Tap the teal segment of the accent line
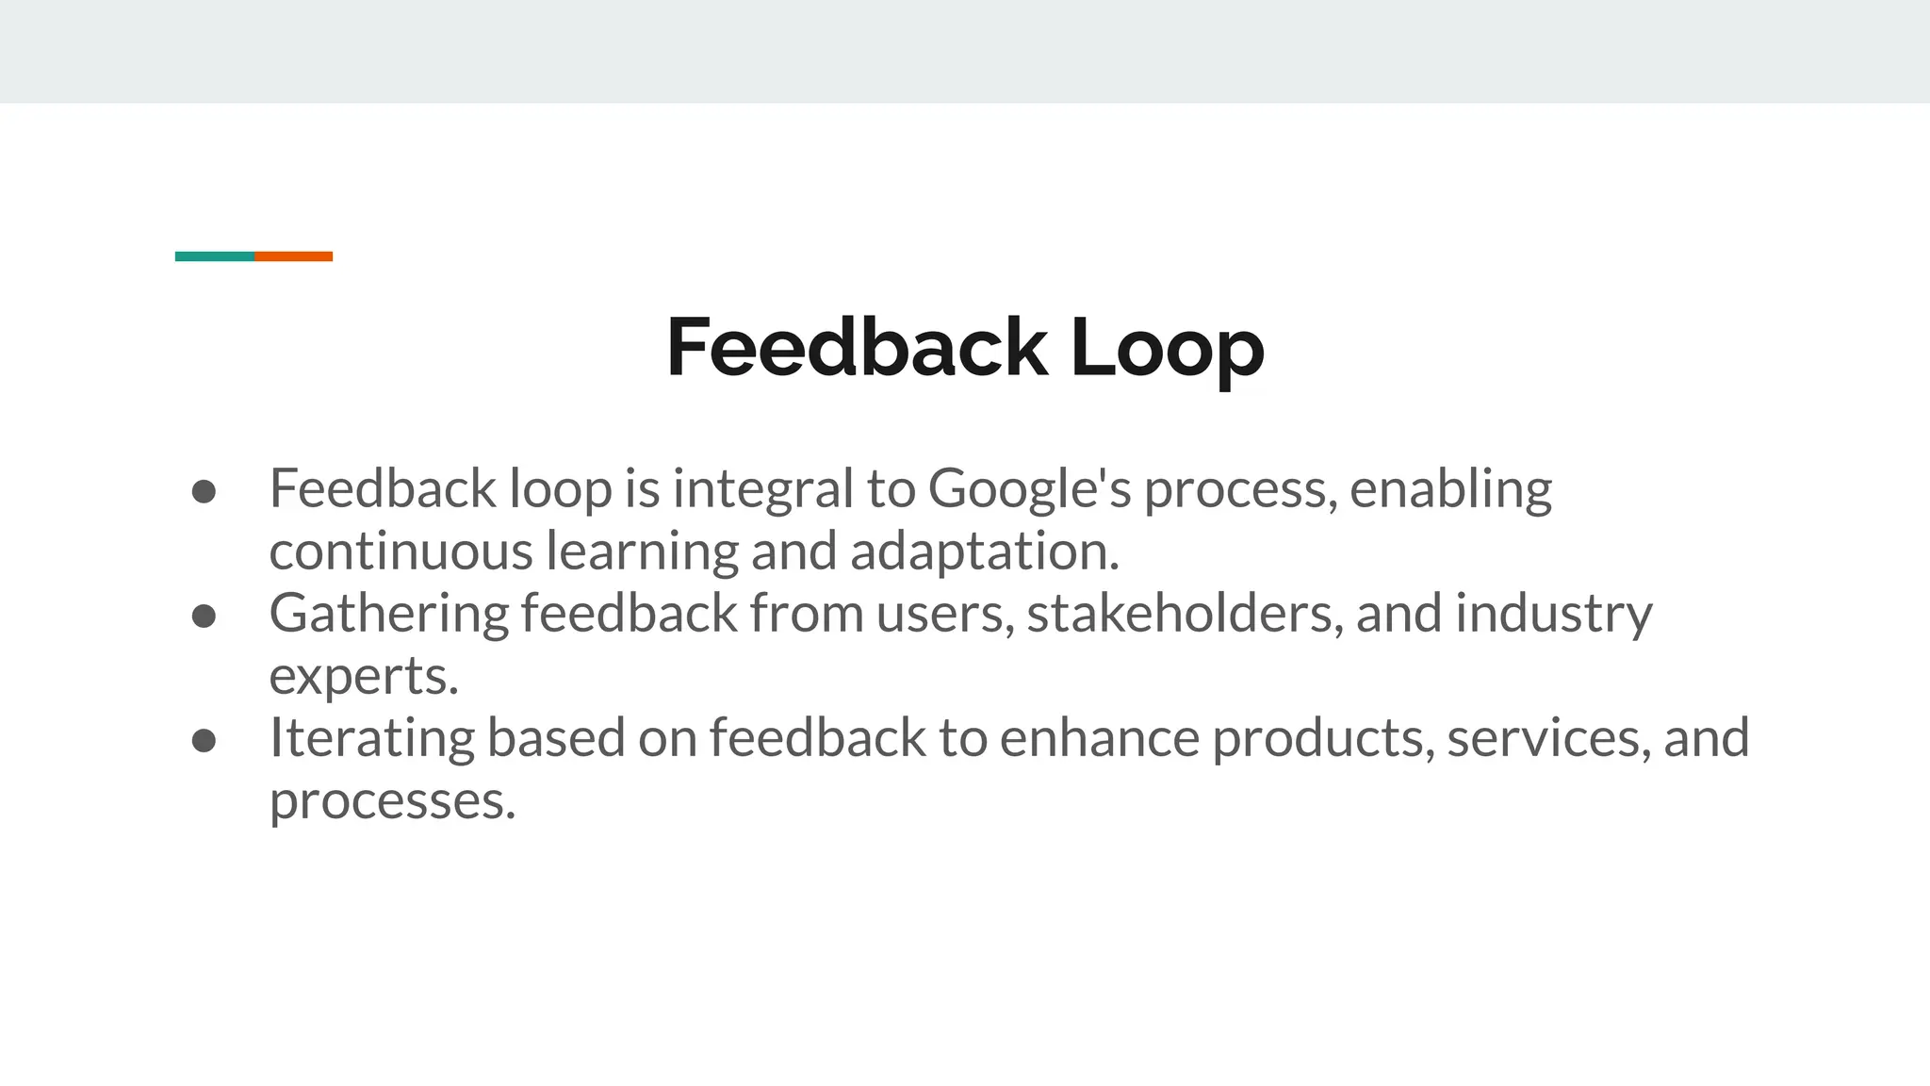point(215,256)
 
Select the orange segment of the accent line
point(293,256)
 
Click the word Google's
point(1029,489)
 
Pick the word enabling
point(1450,489)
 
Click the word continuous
point(401,551)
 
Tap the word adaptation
point(984,551)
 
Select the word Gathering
point(388,614)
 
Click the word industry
point(1553,614)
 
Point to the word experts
point(364,677)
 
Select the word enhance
point(1099,738)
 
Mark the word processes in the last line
point(392,801)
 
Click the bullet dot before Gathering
point(204,616)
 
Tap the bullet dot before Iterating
point(204,740)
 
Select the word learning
point(642,551)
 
